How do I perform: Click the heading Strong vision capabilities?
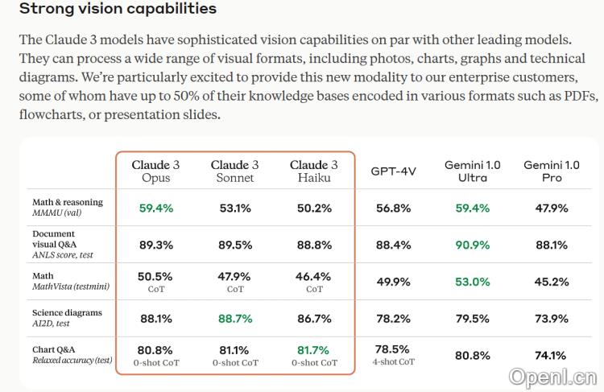[118, 10]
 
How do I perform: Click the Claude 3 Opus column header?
[155, 171]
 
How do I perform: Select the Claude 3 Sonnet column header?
[234, 171]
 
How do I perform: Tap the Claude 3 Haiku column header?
[313, 171]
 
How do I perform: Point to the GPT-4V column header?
[393, 171]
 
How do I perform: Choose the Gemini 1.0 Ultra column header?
[472, 171]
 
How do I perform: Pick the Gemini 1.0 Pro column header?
[551, 171]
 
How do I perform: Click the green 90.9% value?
[472, 245]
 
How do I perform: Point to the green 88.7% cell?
[234, 319]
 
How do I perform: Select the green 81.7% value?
[313, 350]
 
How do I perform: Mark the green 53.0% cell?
[472, 282]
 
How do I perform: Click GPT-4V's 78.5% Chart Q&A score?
[393, 349]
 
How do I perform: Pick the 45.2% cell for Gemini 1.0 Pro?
[551, 282]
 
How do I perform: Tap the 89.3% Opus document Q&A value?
[155, 245]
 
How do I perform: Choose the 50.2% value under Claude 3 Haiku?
[313, 208]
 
